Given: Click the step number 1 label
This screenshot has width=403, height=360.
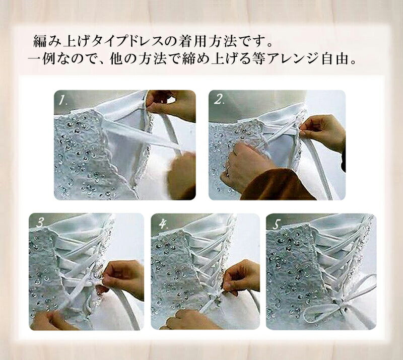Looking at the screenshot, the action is pyautogui.click(x=62, y=100).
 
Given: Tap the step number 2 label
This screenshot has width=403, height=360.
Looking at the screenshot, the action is pyautogui.click(x=219, y=100).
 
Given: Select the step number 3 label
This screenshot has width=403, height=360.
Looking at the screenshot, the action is pyautogui.click(x=41, y=223).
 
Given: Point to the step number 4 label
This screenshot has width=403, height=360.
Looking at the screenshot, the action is pyautogui.click(x=163, y=224).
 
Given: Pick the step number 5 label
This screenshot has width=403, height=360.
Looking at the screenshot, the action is pyautogui.click(x=276, y=225).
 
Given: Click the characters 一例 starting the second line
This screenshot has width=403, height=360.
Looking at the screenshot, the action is pyautogui.click(x=40, y=59).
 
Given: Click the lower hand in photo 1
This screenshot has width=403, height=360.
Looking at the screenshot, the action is pyautogui.click(x=182, y=176).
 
